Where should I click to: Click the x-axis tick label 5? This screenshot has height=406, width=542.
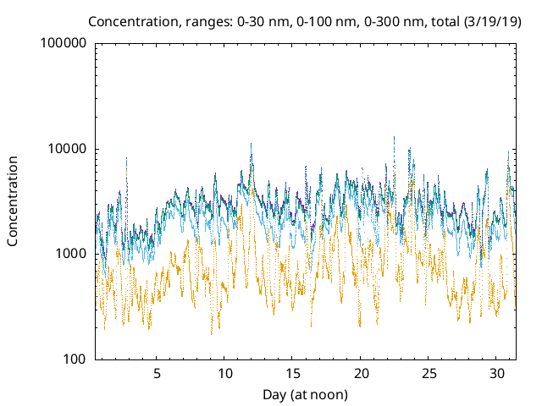click(157, 373)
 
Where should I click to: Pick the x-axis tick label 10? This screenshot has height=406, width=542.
click(225, 373)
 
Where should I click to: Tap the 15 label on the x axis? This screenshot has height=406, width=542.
click(293, 373)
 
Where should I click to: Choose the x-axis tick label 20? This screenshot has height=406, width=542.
click(362, 373)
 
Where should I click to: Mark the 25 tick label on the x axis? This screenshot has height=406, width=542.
click(429, 373)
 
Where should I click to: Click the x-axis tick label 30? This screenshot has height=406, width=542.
click(498, 373)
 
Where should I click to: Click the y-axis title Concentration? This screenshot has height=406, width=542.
click(13, 201)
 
